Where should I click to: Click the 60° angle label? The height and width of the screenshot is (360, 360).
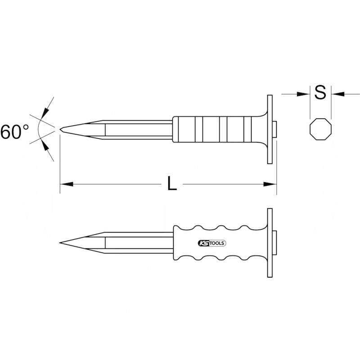(x=14, y=132)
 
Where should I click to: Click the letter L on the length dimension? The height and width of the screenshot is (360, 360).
(x=172, y=184)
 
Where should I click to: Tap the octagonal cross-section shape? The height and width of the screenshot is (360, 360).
(x=321, y=130)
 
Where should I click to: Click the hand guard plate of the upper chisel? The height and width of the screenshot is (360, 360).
(x=270, y=130)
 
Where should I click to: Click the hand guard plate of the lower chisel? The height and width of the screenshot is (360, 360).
(x=270, y=243)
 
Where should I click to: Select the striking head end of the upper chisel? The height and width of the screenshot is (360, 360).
(x=274, y=130)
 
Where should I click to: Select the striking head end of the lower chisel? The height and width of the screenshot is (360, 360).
(x=274, y=243)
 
